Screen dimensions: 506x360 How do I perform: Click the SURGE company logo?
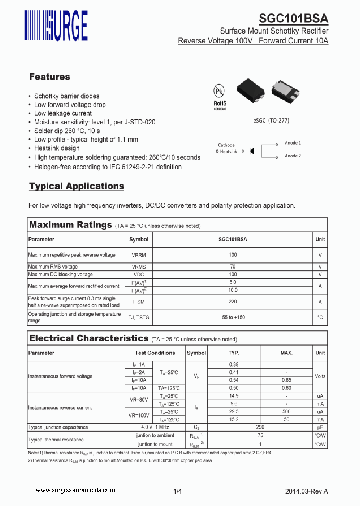tap(57, 25)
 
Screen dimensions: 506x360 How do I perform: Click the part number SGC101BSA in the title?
tap(294, 19)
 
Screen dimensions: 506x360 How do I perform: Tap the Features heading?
tap(49, 77)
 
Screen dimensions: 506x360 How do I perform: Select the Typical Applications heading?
tap(76, 186)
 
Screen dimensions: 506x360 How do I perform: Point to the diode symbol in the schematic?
tap(253, 150)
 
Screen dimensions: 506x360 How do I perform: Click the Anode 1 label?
tap(293, 143)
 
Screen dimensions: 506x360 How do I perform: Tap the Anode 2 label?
tap(293, 156)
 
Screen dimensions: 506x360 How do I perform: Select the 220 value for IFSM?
tap(233, 302)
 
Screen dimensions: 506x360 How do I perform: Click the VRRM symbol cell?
tap(139, 255)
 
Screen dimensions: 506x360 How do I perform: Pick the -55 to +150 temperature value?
tap(233, 317)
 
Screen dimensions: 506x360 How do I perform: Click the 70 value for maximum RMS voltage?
tap(233, 267)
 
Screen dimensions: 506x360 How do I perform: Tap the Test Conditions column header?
tap(155, 353)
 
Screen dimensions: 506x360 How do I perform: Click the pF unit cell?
tap(320, 427)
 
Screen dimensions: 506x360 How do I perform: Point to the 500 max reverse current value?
tap(286, 411)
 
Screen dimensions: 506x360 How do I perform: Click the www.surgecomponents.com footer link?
tap(73, 491)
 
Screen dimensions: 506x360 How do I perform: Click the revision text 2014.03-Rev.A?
tap(307, 491)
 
